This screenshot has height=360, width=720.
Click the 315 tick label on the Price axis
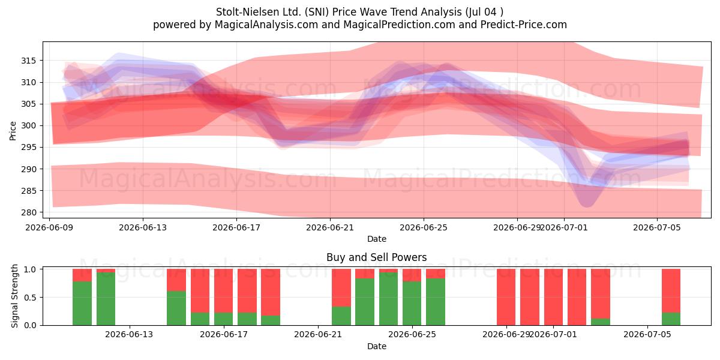[29, 61]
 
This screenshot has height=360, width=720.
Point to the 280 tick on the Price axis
[29, 212]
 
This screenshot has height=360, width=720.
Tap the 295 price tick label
[29, 147]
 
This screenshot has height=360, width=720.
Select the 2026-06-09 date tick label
[49, 227]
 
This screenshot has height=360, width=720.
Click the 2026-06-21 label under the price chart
[330, 227]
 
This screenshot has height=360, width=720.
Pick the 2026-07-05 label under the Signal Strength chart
[647, 335]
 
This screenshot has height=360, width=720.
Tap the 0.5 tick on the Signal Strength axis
[30, 298]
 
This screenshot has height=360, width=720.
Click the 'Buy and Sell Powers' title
[376, 257]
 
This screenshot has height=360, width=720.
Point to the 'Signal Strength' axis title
[14, 296]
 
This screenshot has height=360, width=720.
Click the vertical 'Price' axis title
[13, 131]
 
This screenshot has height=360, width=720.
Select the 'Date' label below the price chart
[377, 239]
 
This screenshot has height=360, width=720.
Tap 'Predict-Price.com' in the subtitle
[524, 25]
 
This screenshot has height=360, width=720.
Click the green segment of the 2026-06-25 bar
[412, 303]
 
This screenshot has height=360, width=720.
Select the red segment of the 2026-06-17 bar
[223, 290]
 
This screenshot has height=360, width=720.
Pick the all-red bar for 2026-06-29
[506, 297]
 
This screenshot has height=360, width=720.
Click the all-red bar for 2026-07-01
[553, 297]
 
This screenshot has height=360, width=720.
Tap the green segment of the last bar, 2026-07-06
[671, 319]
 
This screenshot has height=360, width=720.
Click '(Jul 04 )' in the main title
[484, 12]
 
